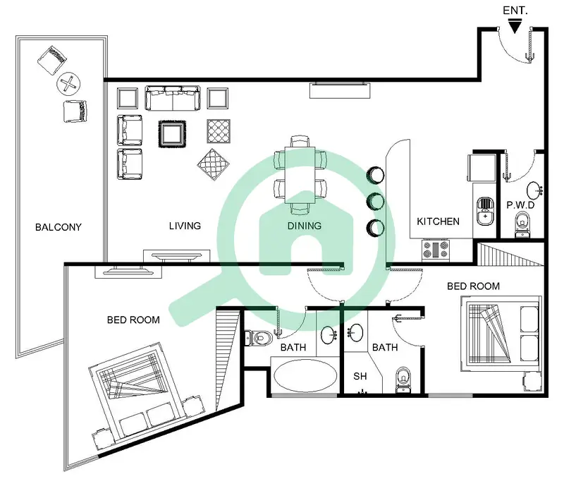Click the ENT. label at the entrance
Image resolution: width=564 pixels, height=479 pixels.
(515, 11)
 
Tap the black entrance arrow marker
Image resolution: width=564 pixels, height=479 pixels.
(515, 27)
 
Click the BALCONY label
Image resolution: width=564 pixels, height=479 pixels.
(59, 227)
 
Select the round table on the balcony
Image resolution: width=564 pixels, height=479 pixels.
(68, 83)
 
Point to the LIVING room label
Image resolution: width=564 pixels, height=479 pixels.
(185, 226)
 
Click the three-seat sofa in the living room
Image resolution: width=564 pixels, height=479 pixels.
(173, 97)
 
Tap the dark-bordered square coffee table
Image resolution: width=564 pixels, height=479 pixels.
(172, 134)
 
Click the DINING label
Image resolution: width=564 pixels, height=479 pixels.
(305, 226)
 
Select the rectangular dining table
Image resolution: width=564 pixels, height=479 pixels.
(300, 175)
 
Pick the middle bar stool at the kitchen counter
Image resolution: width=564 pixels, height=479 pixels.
(375, 201)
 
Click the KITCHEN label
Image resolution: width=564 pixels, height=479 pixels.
(438, 222)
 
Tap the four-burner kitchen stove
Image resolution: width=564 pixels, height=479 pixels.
(436, 250)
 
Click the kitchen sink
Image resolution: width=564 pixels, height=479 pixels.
(485, 211)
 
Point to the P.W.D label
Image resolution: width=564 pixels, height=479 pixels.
(520, 205)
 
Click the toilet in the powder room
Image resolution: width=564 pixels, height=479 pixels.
(522, 224)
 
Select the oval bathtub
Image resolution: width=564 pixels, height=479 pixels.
(305, 376)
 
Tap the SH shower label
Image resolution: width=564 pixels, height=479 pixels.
(360, 376)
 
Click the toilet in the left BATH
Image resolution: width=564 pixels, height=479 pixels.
(258, 338)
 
